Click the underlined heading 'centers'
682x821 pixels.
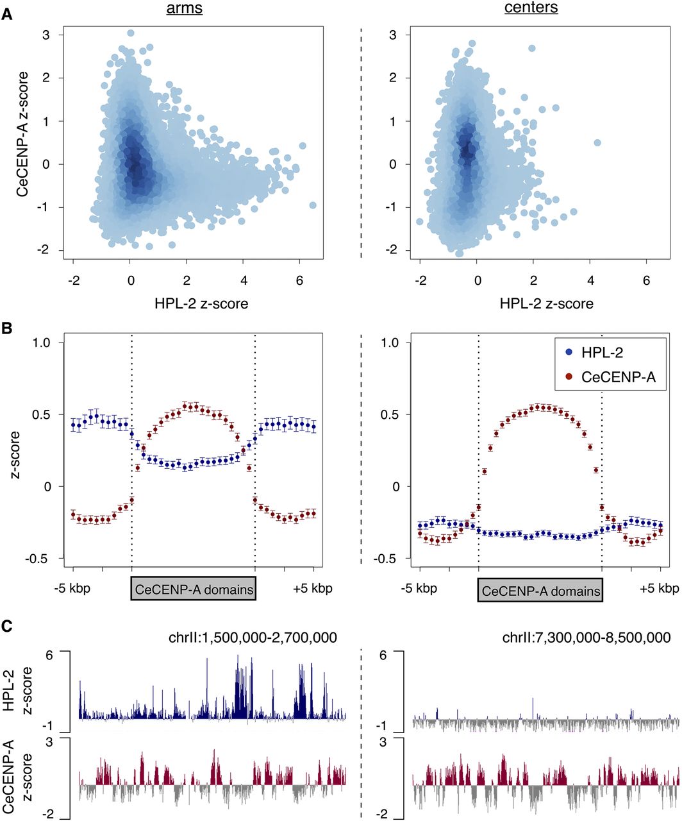(531, 8)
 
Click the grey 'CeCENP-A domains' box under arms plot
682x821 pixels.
(194, 589)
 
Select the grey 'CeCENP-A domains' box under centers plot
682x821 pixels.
(541, 590)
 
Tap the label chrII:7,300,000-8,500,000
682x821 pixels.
(586, 637)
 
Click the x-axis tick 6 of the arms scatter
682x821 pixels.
(299, 280)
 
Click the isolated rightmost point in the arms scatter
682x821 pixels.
(313, 205)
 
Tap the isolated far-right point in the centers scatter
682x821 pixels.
(597, 142)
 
